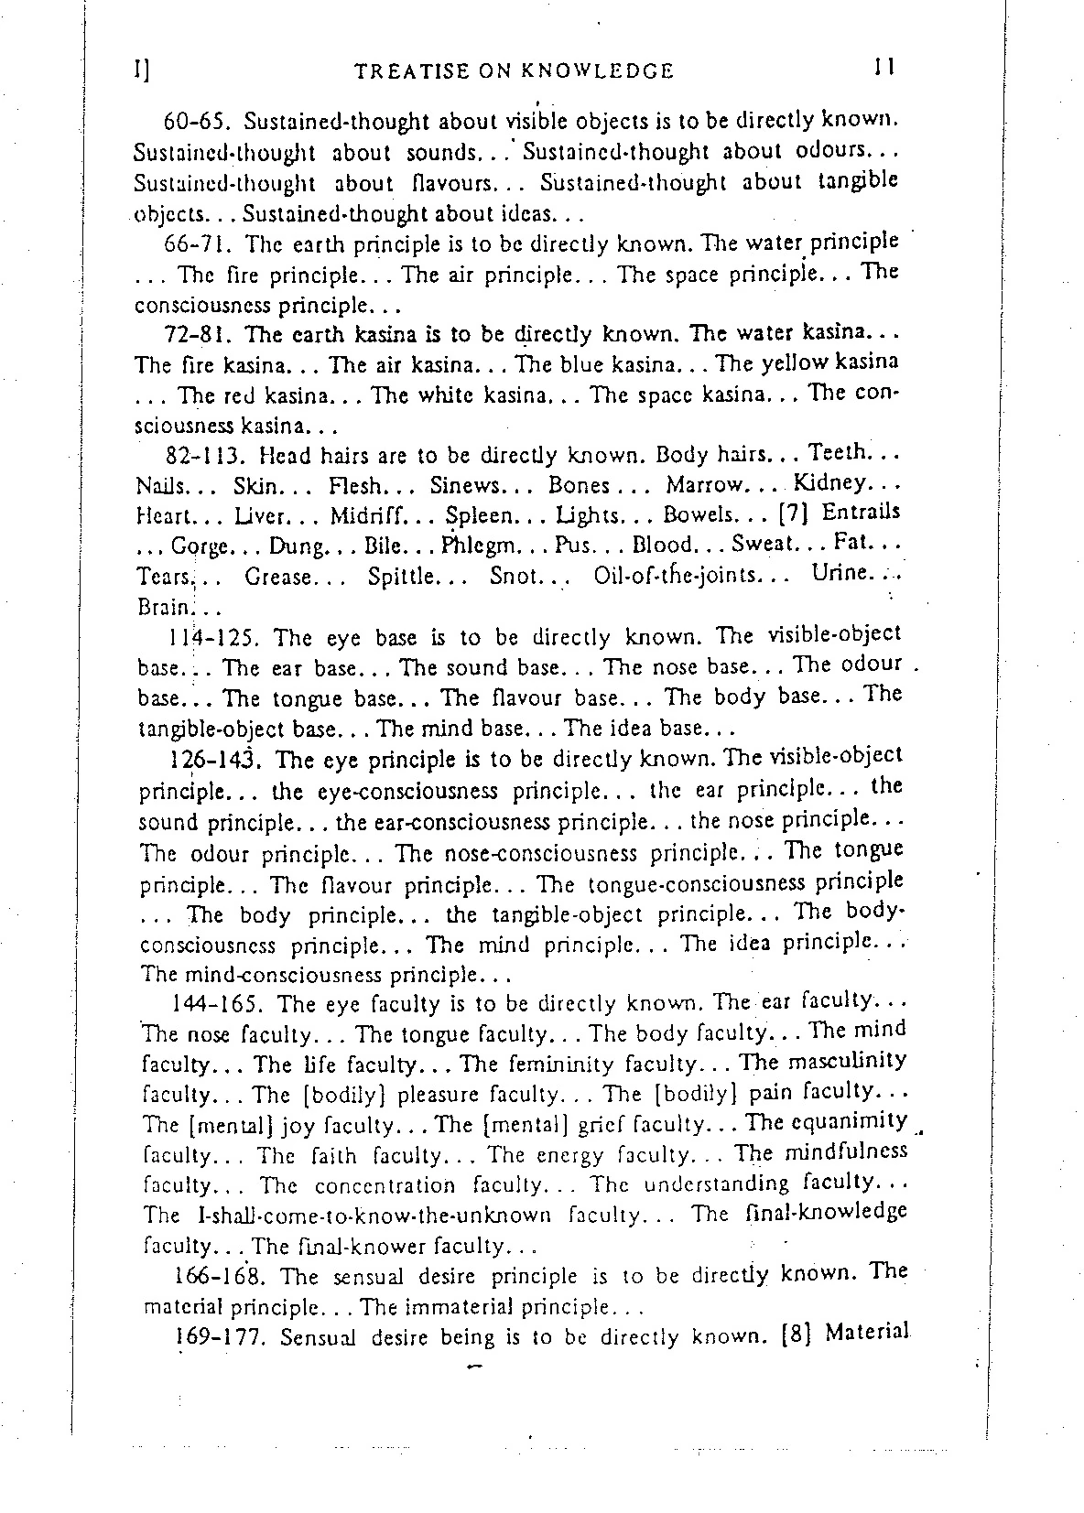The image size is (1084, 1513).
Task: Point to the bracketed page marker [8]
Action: point(796,1335)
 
